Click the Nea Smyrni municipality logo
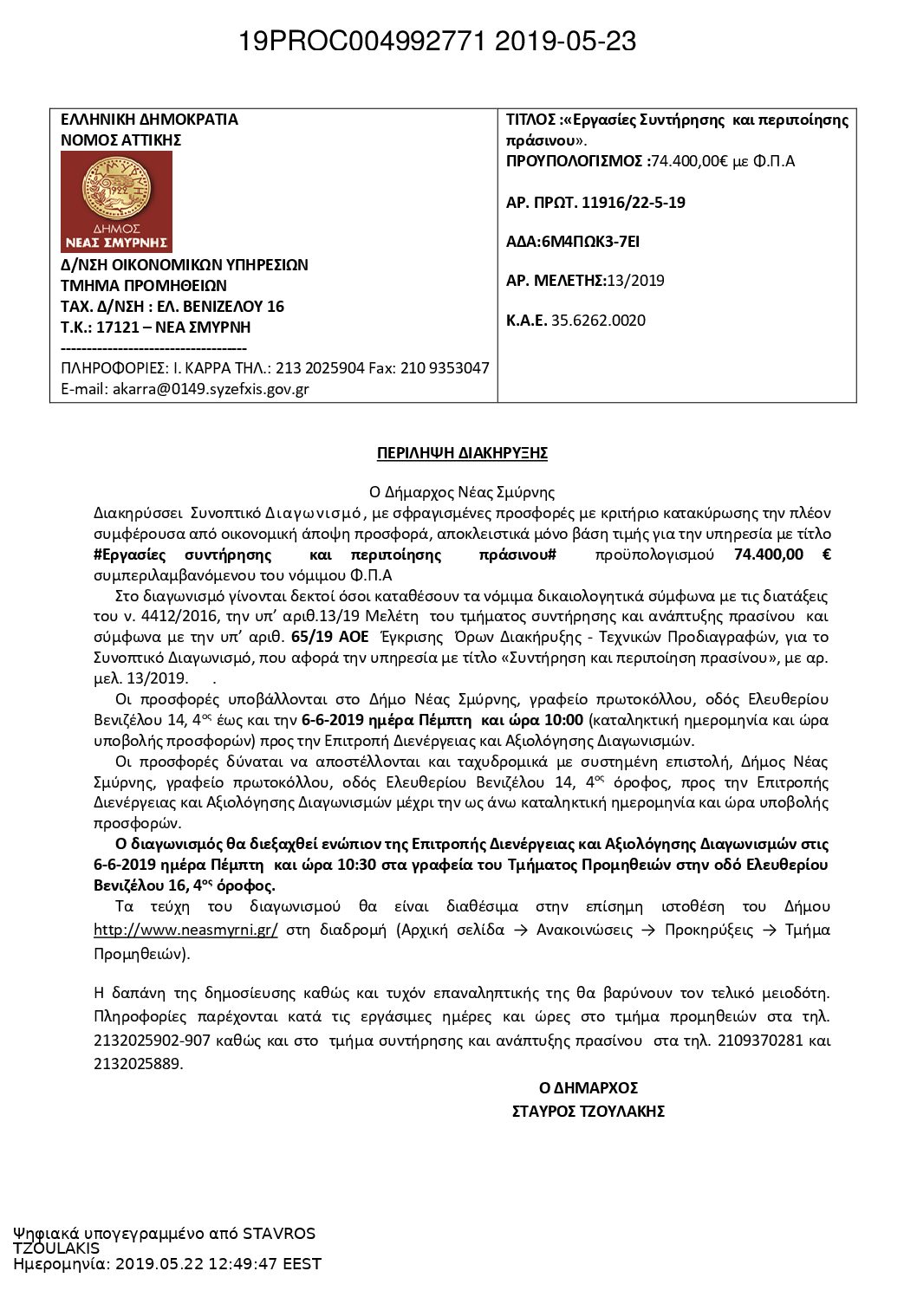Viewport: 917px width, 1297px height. coord(116,201)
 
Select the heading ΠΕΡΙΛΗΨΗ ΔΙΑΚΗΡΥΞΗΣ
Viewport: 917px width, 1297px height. coord(462,453)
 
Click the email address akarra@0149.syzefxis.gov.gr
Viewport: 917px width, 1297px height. coord(211,389)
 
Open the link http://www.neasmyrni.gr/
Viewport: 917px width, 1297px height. coord(185,930)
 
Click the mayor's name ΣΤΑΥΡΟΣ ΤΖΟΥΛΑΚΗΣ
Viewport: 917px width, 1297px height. coord(588,1111)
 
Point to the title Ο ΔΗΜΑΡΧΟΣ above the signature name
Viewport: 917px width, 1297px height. coord(588,1088)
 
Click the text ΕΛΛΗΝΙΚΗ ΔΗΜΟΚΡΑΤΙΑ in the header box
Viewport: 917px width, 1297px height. coord(149,120)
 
